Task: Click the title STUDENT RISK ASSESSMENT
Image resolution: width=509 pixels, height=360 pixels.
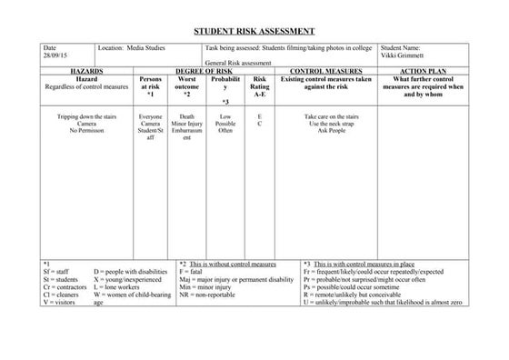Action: (254, 31)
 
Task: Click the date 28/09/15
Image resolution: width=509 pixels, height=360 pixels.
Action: (54, 55)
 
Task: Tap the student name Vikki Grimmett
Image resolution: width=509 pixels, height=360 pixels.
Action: (404, 55)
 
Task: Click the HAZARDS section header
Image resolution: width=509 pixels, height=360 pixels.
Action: (85, 70)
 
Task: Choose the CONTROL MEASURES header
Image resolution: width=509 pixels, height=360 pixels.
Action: (325, 70)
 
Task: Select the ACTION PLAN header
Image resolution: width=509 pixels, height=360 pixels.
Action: (421, 70)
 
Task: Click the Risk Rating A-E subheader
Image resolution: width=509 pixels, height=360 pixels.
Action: (259, 85)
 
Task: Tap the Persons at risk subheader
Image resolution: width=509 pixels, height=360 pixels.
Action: (150, 85)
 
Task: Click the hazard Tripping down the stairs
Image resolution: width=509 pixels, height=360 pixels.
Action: (86, 117)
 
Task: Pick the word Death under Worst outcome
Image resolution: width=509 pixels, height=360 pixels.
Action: (186, 117)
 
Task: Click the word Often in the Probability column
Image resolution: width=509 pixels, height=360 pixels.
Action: (225, 131)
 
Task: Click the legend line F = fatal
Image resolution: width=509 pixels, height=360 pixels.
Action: (195, 271)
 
